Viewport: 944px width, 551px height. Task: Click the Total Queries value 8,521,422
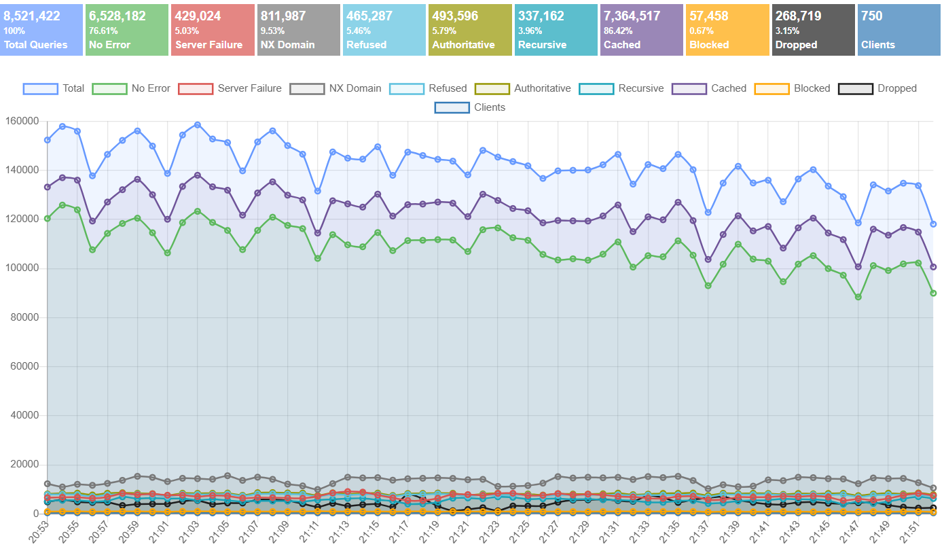pos(32,16)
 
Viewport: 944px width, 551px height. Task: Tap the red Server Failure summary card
pos(213,30)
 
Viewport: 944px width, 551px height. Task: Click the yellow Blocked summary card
pos(727,30)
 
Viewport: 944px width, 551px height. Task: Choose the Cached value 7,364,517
pos(632,16)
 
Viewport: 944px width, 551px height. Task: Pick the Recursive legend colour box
pos(596,88)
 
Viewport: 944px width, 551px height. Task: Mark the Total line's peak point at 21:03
pos(197,125)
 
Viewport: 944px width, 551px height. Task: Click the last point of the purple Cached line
pos(933,267)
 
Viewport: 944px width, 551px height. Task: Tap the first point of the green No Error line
pos(48,218)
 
